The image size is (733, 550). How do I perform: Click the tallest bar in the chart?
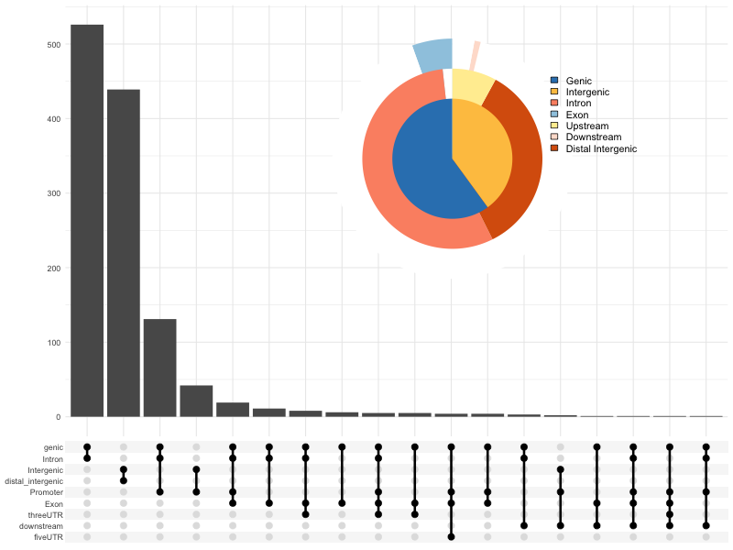87,220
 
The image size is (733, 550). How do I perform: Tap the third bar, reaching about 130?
159,368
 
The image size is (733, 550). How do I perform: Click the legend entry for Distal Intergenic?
601,148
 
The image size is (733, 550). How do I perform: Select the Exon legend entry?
577,115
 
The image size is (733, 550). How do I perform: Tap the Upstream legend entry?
586,126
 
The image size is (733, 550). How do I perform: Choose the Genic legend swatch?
554,81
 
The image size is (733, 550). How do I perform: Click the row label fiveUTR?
47,537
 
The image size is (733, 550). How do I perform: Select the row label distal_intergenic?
34,481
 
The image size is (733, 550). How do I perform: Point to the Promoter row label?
44,492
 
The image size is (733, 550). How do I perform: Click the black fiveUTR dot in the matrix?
452,537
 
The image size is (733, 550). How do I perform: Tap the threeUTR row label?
45,515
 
